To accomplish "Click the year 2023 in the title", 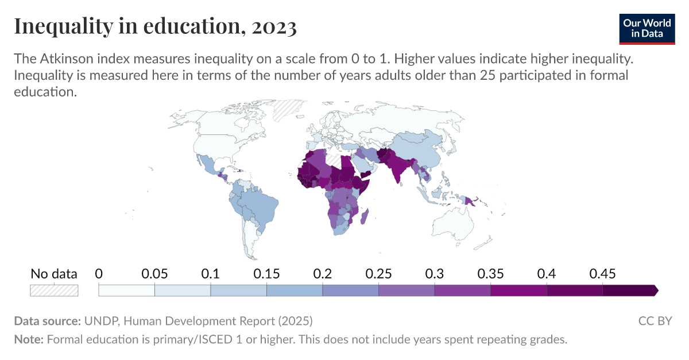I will [x=273, y=26].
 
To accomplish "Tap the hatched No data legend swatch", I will [x=54, y=291].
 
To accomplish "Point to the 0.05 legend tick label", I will [x=154, y=274].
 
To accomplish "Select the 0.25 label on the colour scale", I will [x=378, y=274].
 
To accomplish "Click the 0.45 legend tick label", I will [x=602, y=274].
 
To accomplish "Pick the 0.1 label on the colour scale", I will [x=211, y=274].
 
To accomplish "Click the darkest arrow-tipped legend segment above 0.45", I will [x=629, y=291].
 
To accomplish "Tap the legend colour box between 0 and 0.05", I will [x=126, y=291].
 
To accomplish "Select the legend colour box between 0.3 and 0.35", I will [x=462, y=291].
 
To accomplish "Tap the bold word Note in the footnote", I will [x=28, y=339].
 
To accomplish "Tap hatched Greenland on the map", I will [x=288, y=109].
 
